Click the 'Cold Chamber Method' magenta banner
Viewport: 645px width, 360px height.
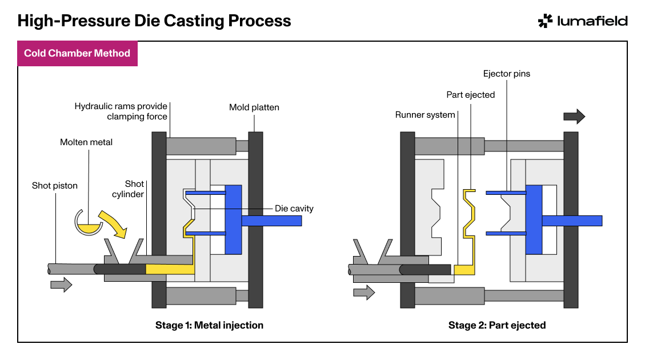click(77, 54)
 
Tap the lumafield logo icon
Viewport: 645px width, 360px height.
click(546, 21)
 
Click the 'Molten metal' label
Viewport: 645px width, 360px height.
click(86, 142)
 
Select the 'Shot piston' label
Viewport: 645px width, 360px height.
click(55, 186)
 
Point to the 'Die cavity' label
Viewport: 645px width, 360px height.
click(294, 209)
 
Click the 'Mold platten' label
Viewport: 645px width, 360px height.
click(254, 107)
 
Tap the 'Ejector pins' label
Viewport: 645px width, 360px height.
click(507, 74)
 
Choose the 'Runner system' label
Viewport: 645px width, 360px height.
click(425, 115)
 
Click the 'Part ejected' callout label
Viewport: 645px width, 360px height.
click(471, 95)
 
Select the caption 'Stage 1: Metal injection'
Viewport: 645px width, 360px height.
click(209, 325)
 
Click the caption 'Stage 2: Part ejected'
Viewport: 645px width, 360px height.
click(497, 325)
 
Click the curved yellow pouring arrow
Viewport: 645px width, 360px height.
click(113, 224)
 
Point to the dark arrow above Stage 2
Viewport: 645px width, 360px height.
click(574, 117)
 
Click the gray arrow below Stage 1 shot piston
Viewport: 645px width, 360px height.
click(61, 285)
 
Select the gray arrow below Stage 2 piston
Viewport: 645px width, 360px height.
click(364, 293)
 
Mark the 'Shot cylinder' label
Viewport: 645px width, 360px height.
click(128, 189)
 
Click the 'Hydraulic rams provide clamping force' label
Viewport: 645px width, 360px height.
click(121, 111)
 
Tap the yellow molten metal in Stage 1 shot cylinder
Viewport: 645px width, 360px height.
click(170, 269)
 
